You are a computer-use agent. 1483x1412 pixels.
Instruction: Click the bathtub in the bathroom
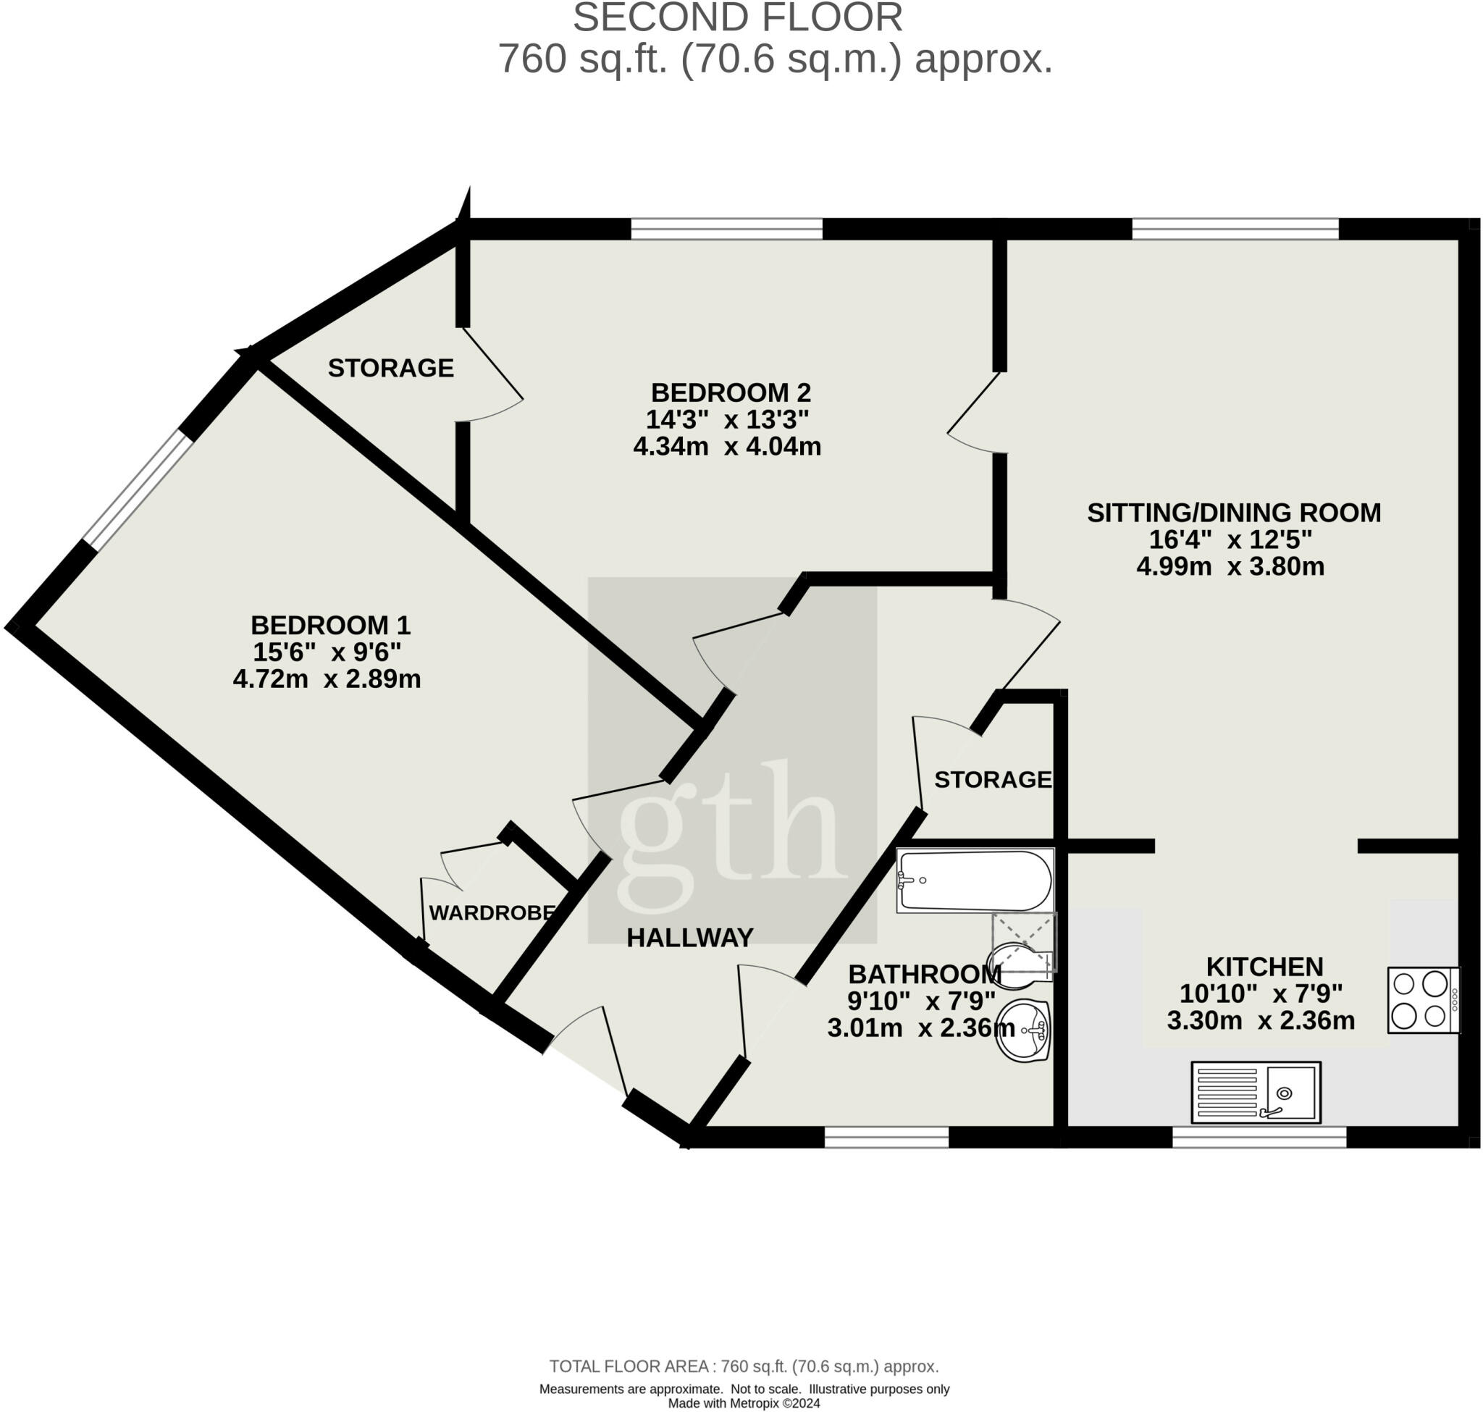(x=975, y=881)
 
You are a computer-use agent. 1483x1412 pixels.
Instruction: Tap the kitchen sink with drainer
(x=1256, y=1092)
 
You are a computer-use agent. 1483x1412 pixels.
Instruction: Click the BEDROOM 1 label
(x=329, y=625)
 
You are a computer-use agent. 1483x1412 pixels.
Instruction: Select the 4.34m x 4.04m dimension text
(x=726, y=446)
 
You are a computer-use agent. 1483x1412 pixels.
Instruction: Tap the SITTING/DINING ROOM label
(x=1233, y=513)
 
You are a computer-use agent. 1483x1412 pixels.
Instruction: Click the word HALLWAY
(x=689, y=937)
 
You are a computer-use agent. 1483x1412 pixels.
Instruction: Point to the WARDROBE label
(x=492, y=912)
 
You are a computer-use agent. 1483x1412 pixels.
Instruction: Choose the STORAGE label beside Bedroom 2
(x=391, y=367)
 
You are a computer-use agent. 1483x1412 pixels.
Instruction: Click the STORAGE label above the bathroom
(x=992, y=779)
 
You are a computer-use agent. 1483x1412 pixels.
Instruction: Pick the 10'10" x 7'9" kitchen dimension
(x=1260, y=993)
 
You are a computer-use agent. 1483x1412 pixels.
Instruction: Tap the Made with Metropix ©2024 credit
(x=744, y=1403)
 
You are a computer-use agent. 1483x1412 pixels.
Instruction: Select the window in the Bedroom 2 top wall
(x=726, y=228)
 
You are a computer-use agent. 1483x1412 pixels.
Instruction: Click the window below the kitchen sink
(x=1258, y=1138)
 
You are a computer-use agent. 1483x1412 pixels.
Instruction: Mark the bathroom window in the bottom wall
(x=886, y=1138)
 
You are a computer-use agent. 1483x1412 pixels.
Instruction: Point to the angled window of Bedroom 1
(x=138, y=488)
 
